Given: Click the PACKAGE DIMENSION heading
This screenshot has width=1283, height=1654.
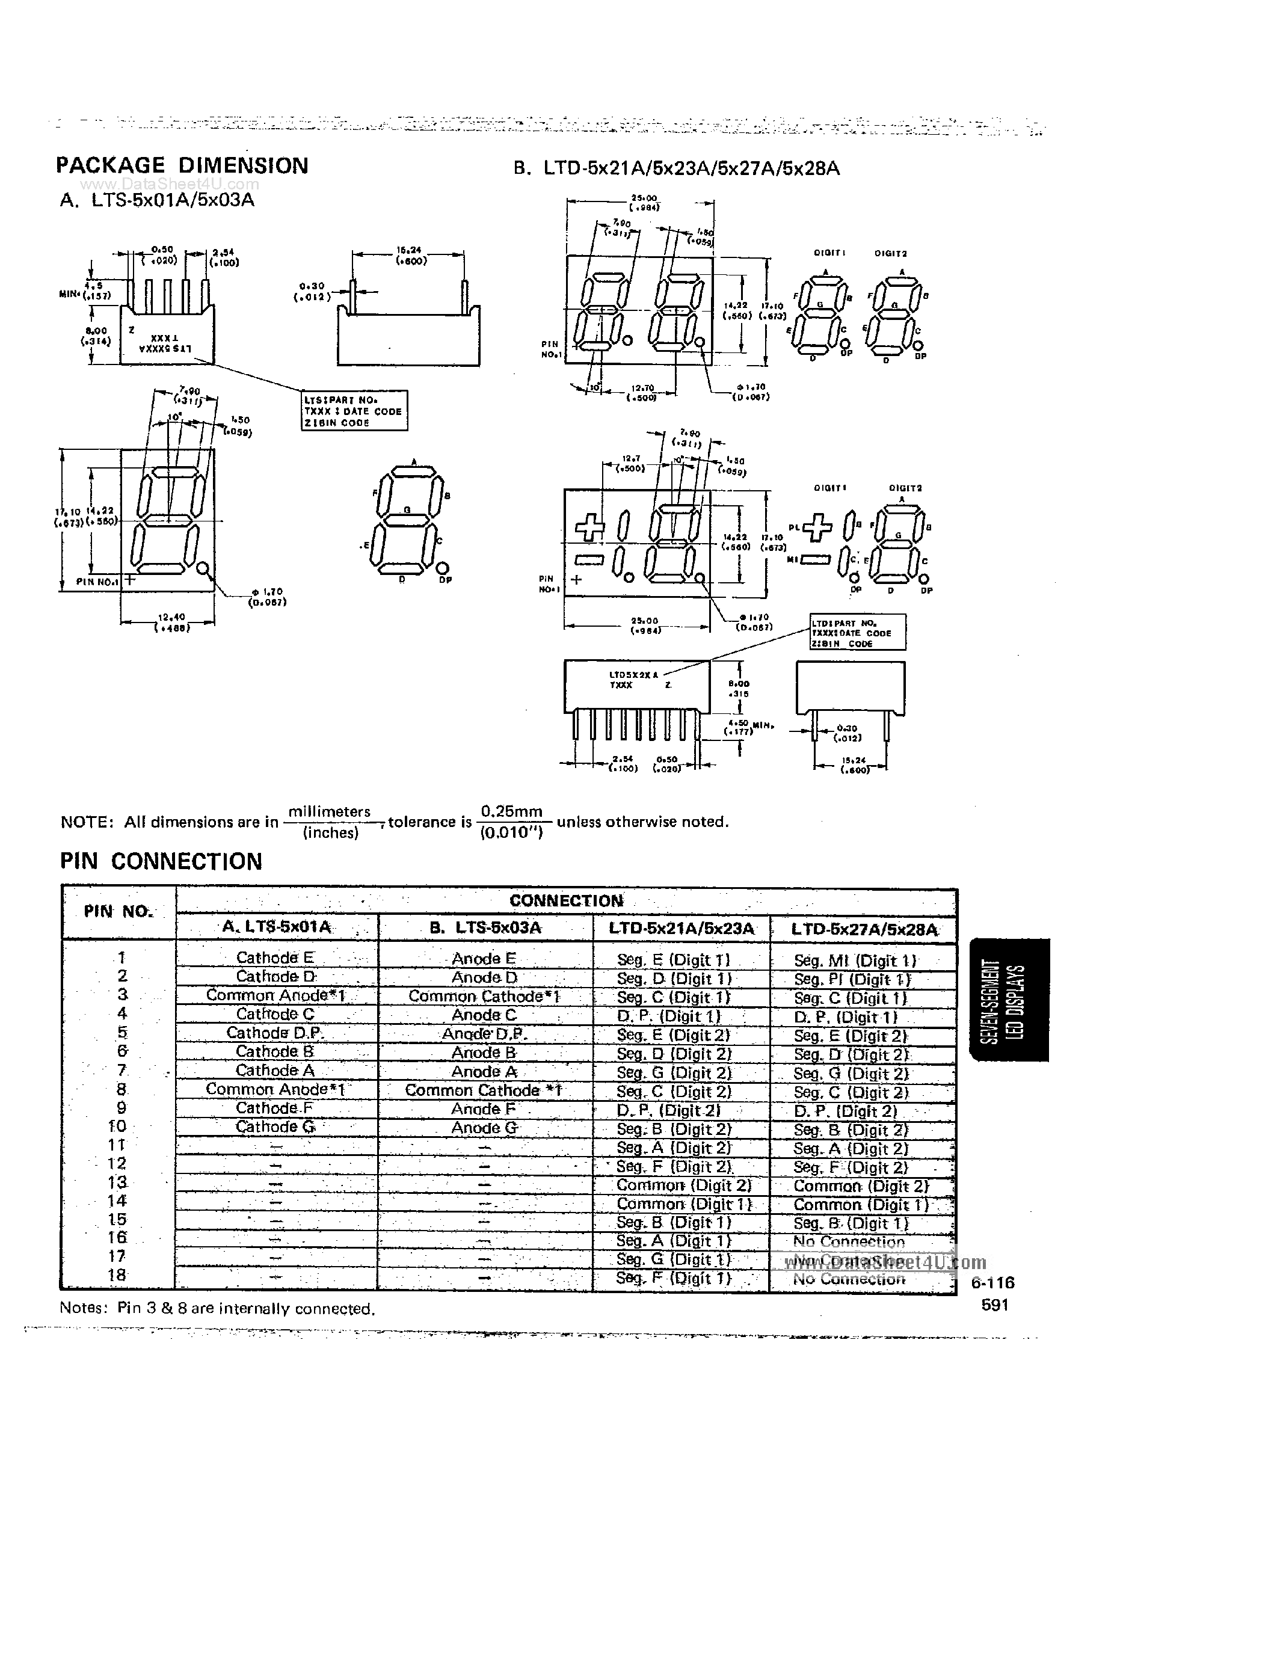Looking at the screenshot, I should coord(182,166).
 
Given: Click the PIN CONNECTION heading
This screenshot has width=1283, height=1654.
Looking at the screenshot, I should coord(161,861).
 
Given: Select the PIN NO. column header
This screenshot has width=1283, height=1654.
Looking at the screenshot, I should coord(118,912).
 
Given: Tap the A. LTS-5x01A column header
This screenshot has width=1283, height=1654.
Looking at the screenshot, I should coord(277,927).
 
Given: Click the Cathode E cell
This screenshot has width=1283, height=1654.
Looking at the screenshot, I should coord(275,958).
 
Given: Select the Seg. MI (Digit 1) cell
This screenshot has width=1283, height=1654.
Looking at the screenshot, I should coord(855,961).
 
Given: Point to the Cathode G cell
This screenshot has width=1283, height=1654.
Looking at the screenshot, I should coord(275,1127).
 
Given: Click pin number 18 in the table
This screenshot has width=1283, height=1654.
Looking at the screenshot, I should coord(117,1275).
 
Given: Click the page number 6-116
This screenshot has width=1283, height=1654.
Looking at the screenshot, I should coord(992,1283).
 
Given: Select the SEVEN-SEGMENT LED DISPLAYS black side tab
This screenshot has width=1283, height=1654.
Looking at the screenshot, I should coord(1009,1000).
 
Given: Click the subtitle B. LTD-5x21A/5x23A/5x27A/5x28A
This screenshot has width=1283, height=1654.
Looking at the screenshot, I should coord(676,169).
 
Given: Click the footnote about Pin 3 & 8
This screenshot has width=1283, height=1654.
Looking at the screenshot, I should coord(217,1309).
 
